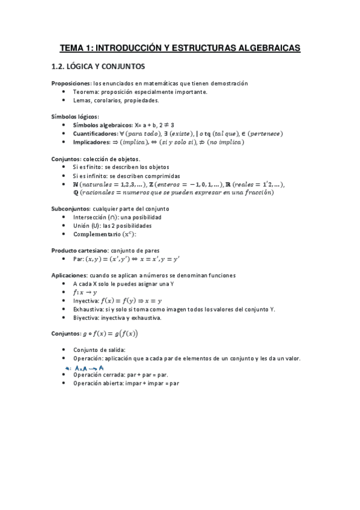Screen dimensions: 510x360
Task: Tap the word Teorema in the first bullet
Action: point(86,92)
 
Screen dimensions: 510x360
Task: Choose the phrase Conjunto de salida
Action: point(97,349)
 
